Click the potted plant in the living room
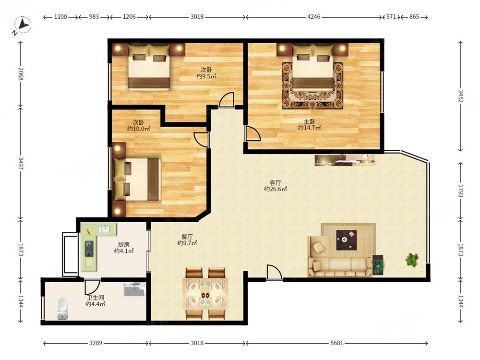pyautogui.click(x=411, y=260)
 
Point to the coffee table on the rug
pyautogui.click(x=347, y=240)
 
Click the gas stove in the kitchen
pyautogui.click(x=89, y=249)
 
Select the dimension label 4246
pyautogui.click(x=314, y=17)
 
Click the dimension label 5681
pyautogui.click(x=336, y=343)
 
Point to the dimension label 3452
pyautogui.click(x=461, y=96)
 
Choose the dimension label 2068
pyautogui.click(x=21, y=74)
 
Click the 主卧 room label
pyautogui.click(x=309, y=121)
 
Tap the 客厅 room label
pyautogui.click(x=275, y=183)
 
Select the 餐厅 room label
pyautogui.click(x=187, y=237)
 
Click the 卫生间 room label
pyautogui.click(x=95, y=298)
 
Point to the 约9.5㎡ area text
pyautogui.click(x=206, y=76)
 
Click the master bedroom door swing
pyautogui.click(x=253, y=133)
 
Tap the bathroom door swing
pyautogui.click(x=93, y=286)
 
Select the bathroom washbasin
pyautogui.click(x=134, y=289)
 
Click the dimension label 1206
pyautogui.click(x=129, y=17)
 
